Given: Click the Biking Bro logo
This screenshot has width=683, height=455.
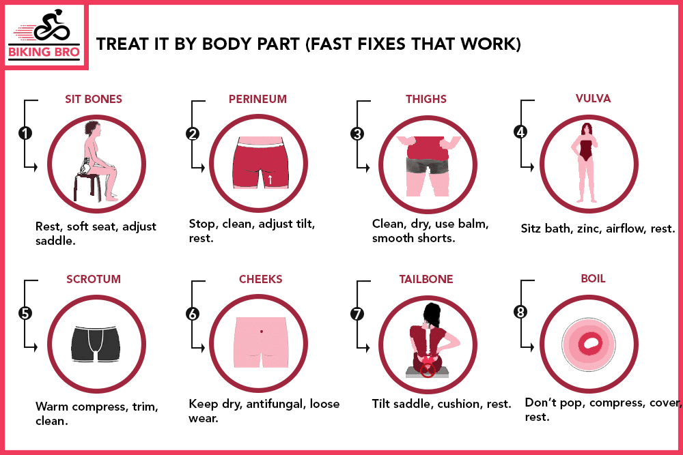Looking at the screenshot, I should (45, 36).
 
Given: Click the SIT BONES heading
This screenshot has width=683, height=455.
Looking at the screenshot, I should (94, 99).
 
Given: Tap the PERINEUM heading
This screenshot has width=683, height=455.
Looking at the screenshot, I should (257, 99).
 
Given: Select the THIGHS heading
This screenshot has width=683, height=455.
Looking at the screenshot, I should (426, 99).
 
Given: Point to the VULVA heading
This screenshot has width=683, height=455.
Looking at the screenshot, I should (593, 98).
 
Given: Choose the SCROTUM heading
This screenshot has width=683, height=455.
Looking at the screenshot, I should (94, 279).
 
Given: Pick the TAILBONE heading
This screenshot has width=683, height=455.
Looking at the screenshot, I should (426, 279).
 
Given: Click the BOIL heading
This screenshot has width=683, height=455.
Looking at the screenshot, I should (593, 279).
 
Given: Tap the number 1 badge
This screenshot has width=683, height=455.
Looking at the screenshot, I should (25, 133).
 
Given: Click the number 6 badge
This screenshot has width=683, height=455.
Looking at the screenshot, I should (193, 313).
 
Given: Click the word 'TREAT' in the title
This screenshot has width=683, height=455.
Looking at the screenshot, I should (118, 45).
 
